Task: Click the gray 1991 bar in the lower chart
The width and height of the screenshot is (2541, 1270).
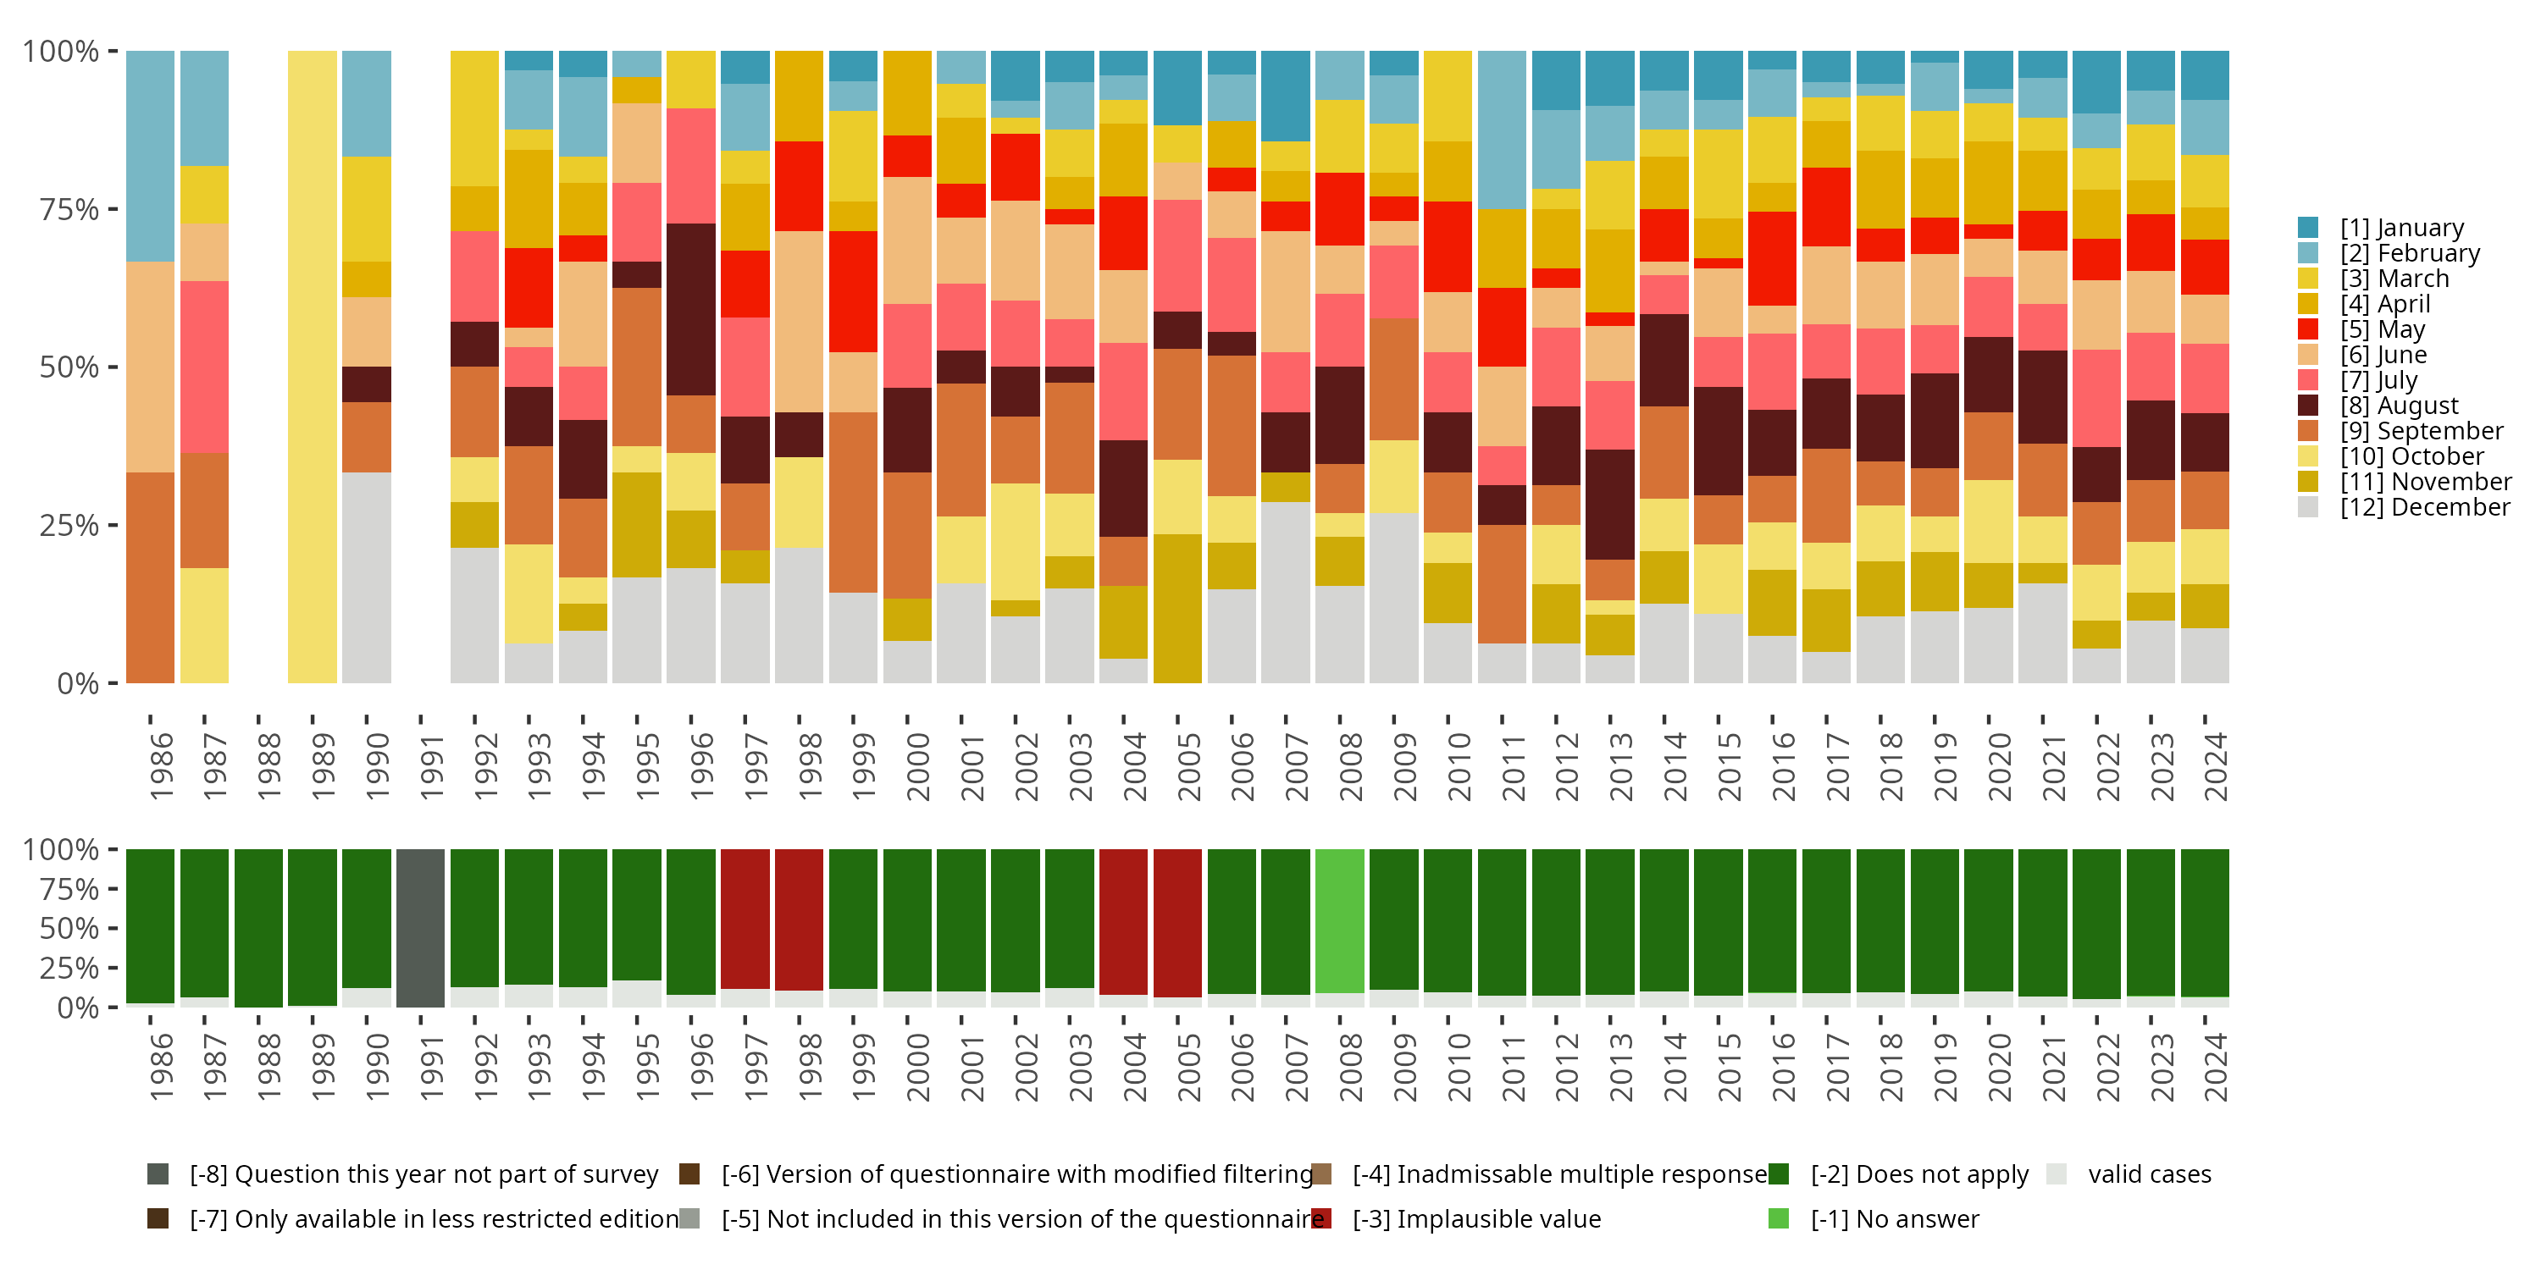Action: (x=420, y=927)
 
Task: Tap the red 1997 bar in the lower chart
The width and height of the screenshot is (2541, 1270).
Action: (x=745, y=918)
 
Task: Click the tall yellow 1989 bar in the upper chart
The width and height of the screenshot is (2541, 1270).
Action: (x=312, y=366)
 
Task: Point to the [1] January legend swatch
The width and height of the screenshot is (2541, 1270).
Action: (x=2308, y=228)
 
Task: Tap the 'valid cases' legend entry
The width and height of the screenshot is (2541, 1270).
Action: (x=2148, y=1174)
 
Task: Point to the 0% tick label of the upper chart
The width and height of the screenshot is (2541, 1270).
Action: (x=78, y=683)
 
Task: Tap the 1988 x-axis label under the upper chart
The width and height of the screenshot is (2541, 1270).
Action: (x=269, y=766)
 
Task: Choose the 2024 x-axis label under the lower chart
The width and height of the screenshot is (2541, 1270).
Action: (x=2216, y=1067)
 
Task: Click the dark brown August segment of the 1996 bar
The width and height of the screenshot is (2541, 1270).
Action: (x=690, y=310)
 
